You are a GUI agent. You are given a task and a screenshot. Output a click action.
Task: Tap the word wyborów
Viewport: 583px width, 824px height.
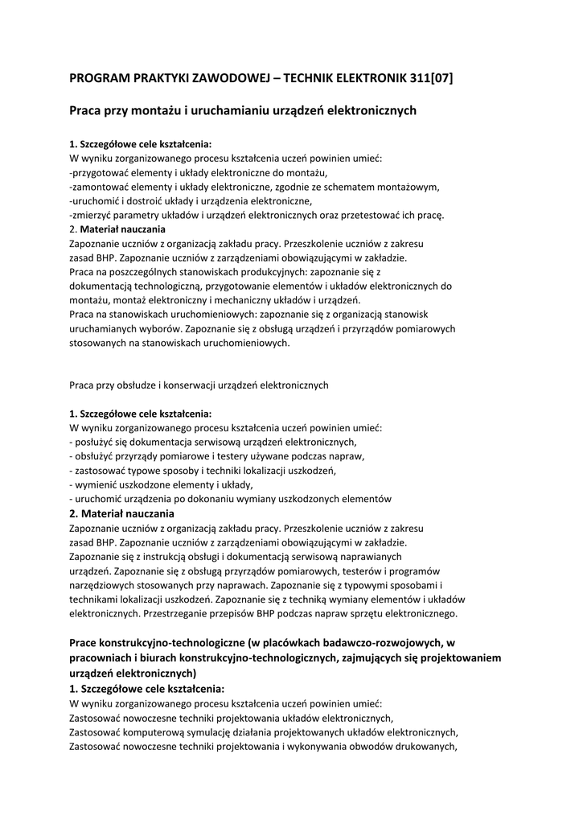click(161, 328)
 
